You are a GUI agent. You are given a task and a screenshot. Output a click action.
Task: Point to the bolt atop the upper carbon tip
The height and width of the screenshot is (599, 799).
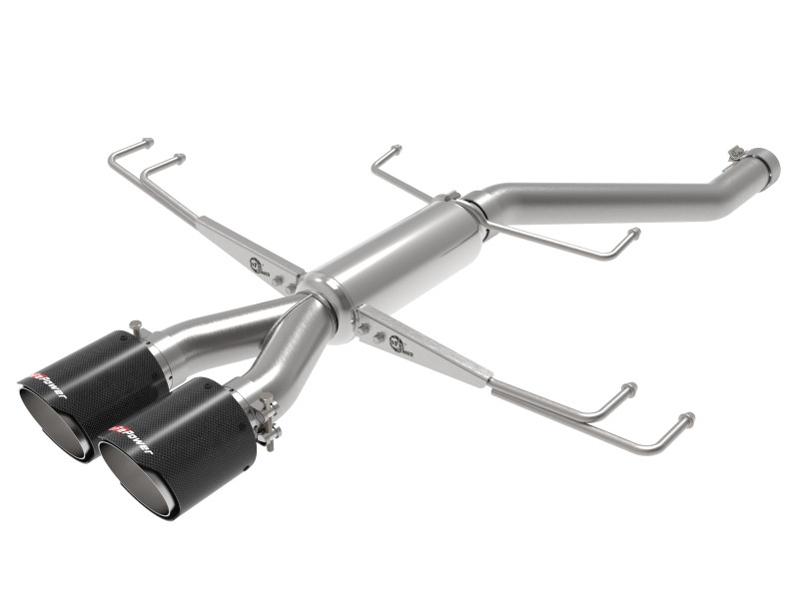[135, 325]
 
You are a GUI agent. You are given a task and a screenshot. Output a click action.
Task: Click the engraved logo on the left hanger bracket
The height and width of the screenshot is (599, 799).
[258, 264]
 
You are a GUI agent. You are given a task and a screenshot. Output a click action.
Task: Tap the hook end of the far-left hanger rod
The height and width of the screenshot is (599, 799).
[148, 144]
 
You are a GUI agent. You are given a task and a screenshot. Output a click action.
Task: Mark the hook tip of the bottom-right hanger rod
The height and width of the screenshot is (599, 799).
[686, 417]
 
